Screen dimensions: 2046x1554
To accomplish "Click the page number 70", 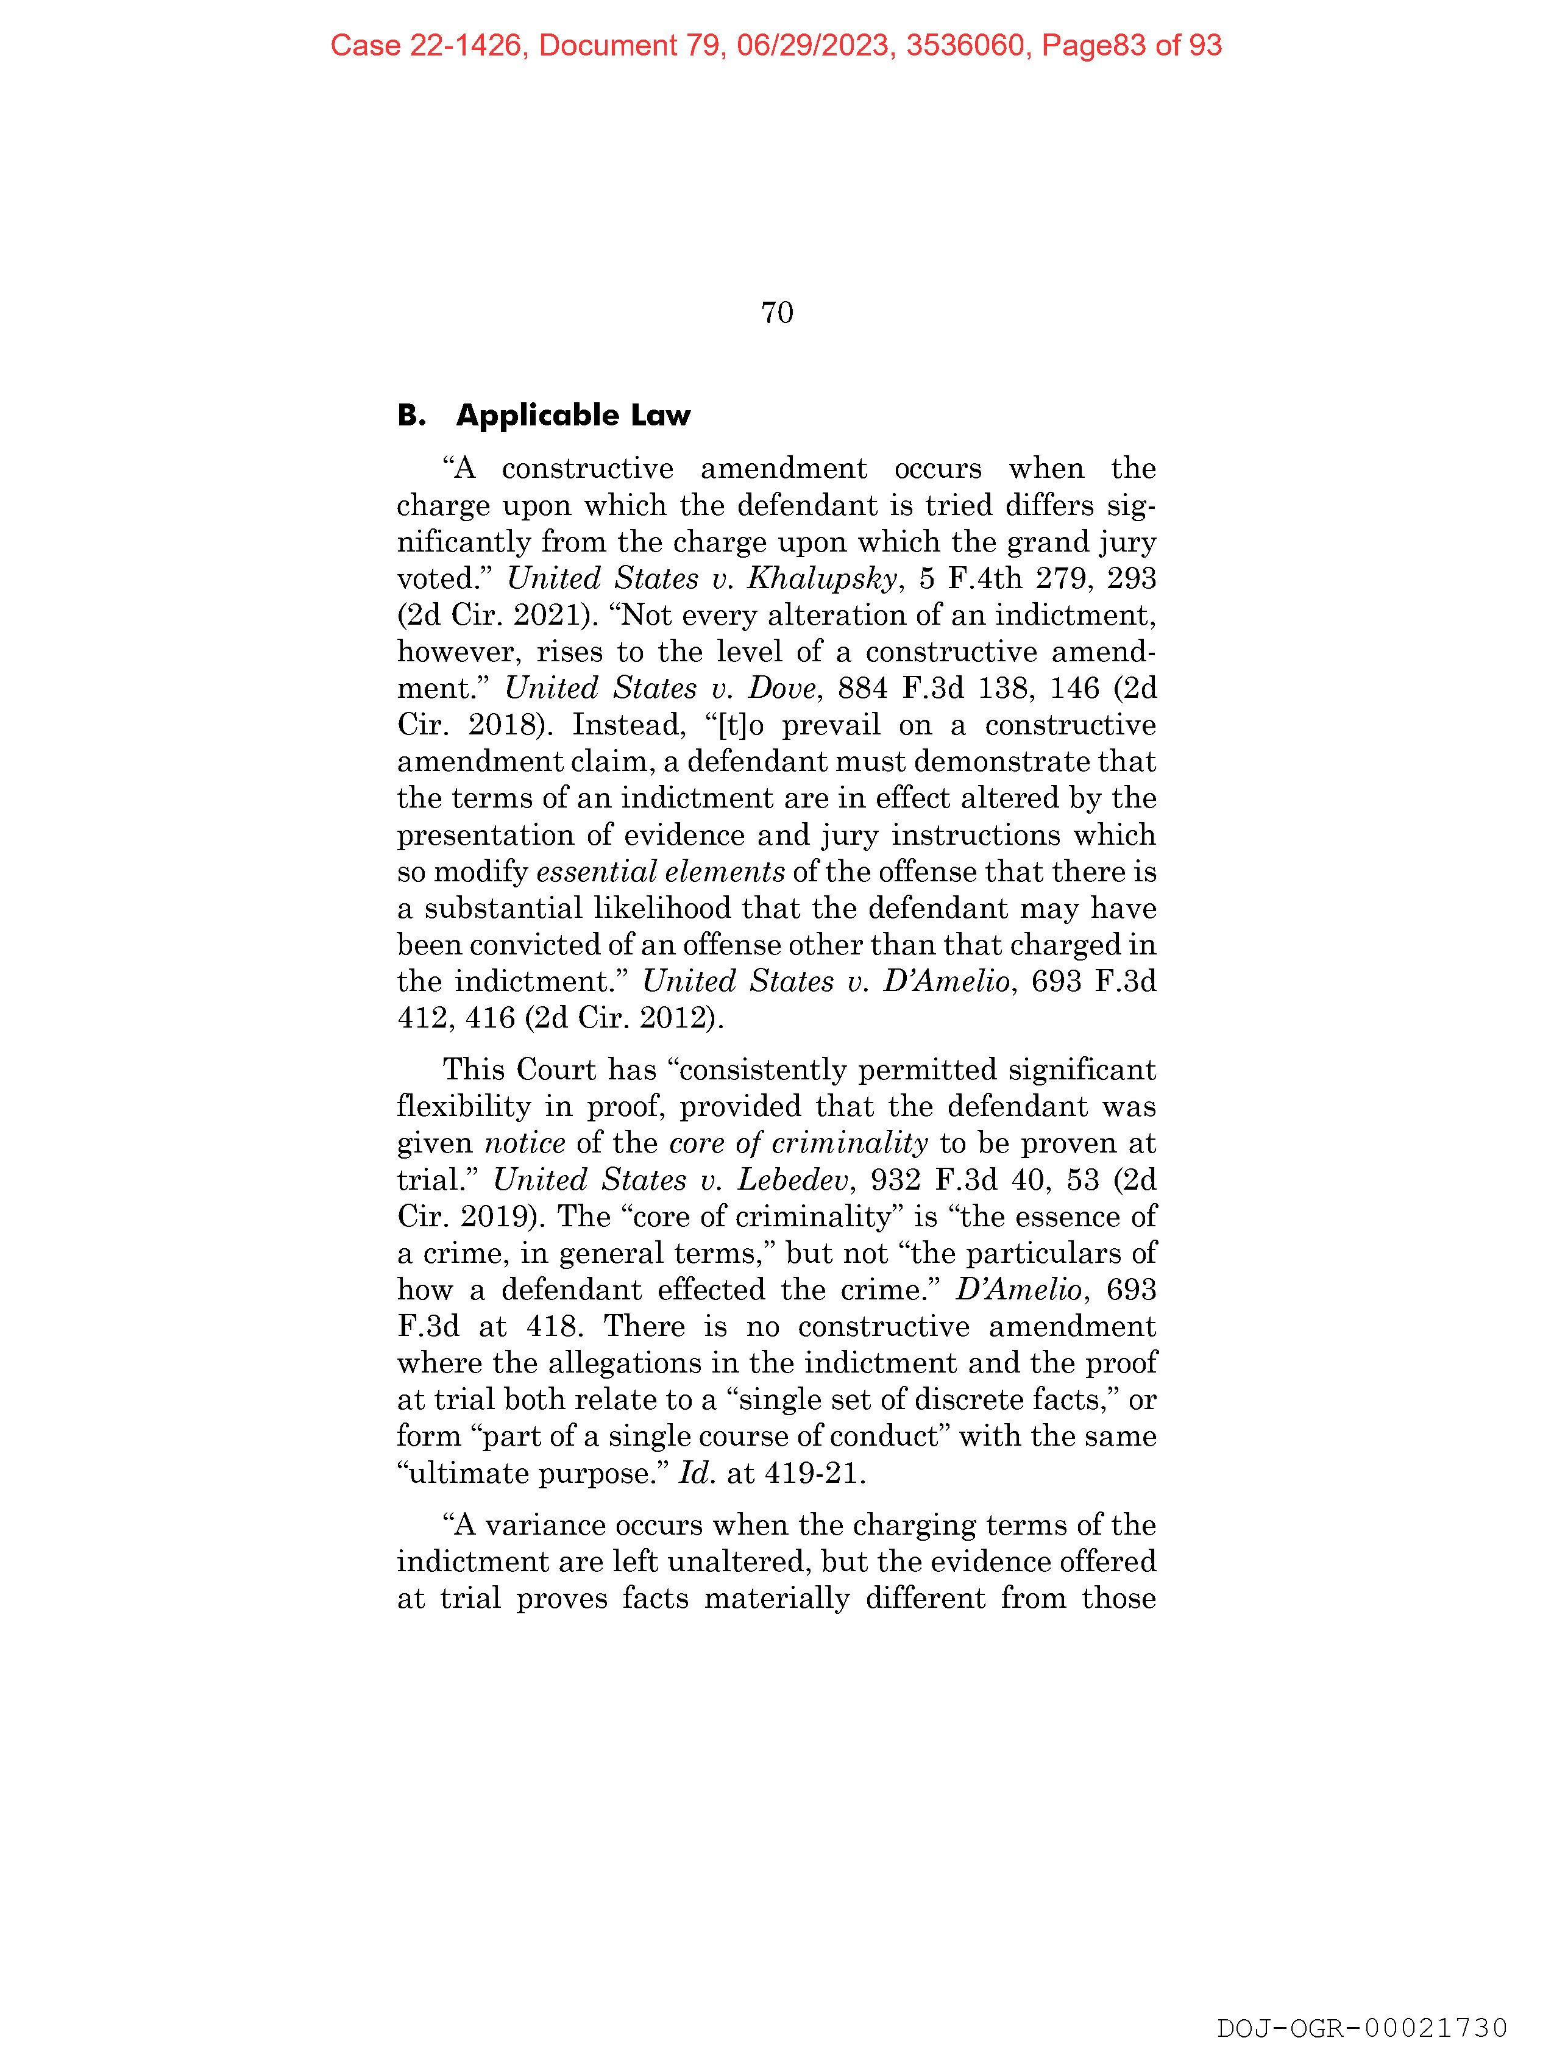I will coord(777,313).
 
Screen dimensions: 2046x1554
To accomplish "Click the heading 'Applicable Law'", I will coord(573,415).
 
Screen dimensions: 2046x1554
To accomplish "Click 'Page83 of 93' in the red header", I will coord(1131,45).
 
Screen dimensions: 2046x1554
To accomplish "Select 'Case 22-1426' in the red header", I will coord(427,45).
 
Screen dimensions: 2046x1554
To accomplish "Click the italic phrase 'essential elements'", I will coord(661,872).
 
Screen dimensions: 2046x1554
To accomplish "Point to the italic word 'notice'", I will coord(525,1143).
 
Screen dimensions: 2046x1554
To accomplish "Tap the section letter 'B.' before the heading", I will coord(411,415).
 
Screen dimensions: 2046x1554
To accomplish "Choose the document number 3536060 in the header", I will coord(968,45).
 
